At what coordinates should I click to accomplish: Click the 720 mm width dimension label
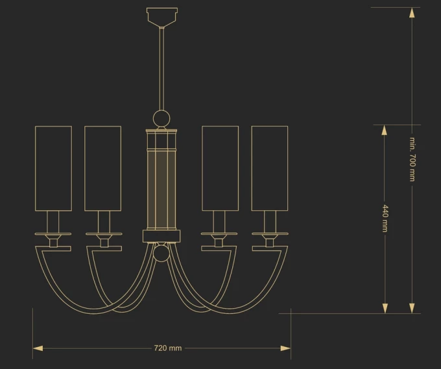click(168, 348)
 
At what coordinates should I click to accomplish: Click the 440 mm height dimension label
click(385, 219)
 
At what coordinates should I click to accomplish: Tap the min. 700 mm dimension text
click(412, 159)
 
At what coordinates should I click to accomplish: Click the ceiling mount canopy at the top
click(162, 17)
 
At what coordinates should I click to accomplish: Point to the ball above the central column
click(161, 118)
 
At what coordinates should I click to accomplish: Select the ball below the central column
click(161, 253)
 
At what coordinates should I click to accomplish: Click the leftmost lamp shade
click(53, 168)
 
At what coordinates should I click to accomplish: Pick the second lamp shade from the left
click(103, 168)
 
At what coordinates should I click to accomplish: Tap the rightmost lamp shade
click(270, 168)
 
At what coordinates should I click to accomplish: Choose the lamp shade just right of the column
click(220, 168)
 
